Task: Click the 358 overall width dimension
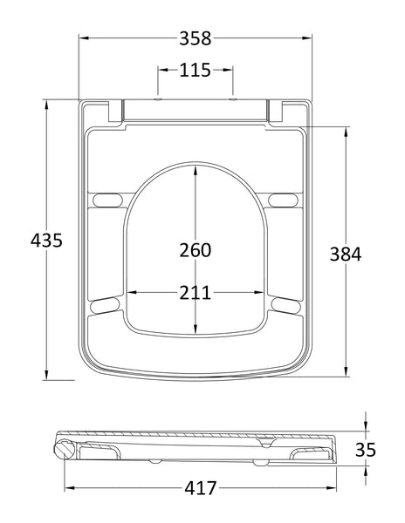196,38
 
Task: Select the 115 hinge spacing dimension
196,70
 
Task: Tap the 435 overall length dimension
45,240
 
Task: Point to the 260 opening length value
196,250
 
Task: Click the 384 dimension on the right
346,254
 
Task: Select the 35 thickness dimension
367,450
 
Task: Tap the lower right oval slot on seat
285,303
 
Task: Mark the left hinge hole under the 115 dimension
158,100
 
